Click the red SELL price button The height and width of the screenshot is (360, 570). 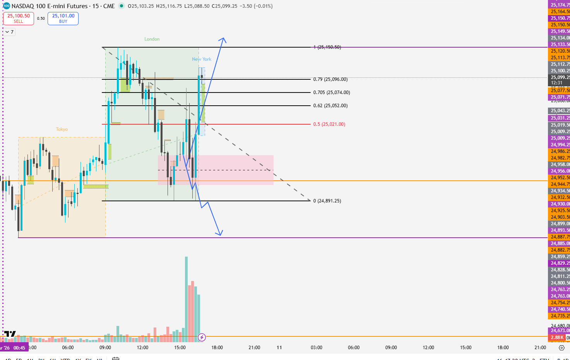[x=19, y=18]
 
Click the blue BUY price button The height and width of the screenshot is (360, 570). [x=63, y=18]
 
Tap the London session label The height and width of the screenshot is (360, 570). [x=152, y=39]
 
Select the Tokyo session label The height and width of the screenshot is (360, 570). [x=62, y=129]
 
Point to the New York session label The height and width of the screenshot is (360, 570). [x=202, y=59]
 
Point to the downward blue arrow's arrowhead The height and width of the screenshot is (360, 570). [x=220, y=233]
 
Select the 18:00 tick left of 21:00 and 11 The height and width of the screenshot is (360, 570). [x=217, y=348]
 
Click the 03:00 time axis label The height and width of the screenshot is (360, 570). [x=317, y=348]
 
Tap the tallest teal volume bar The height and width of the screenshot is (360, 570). [x=186, y=298]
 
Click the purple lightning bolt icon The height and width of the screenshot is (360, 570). [x=202, y=338]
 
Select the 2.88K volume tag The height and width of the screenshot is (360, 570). [x=557, y=338]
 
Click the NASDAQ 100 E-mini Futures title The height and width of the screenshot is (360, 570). [x=50, y=6]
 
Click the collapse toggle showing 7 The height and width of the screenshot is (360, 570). [x=10, y=32]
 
